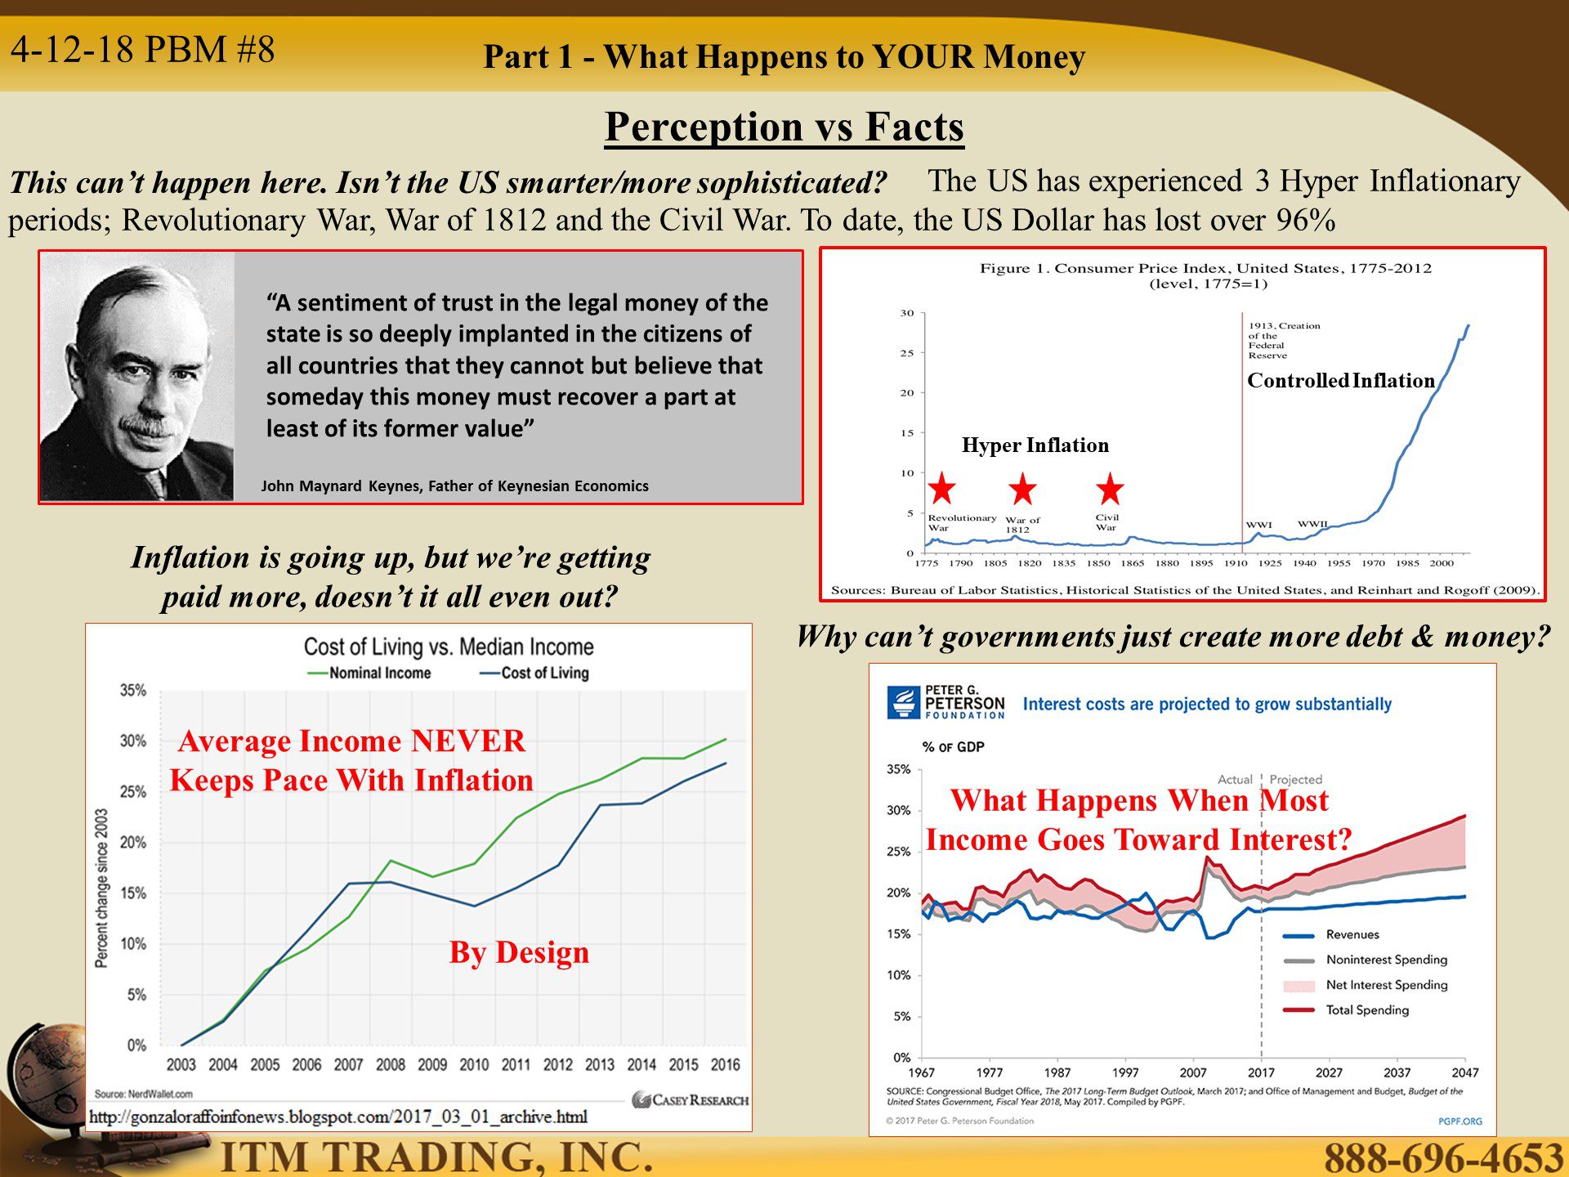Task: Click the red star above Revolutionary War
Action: tap(942, 488)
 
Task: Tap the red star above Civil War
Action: tap(1110, 489)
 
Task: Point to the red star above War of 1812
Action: tap(1022, 489)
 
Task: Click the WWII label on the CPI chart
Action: tap(1312, 524)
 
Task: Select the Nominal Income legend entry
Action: tap(369, 673)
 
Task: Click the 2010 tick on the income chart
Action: tap(474, 1064)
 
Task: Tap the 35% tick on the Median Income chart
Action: tap(133, 691)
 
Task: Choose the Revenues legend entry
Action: tap(1331, 934)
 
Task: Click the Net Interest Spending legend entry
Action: tap(1365, 985)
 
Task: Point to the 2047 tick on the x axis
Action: tap(1465, 1072)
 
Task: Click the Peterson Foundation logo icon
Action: tap(903, 702)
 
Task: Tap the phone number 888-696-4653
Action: tap(1443, 1157)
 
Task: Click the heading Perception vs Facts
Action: tap(784, 127)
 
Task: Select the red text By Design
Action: tap(519, 953)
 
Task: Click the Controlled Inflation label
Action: tap(1341, 380)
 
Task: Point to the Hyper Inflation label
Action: tap(1035, 445)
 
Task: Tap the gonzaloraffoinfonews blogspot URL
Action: tap(338, 1117)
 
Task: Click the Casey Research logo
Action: tap(691, 1100)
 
